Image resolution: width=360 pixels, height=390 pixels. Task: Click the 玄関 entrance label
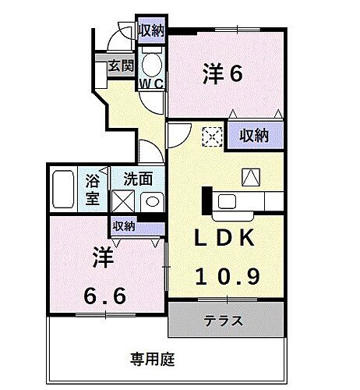tap(119, 66)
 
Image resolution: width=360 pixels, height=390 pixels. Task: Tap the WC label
tap(151, 81)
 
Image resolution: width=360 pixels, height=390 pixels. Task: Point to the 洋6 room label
tap(223, 73)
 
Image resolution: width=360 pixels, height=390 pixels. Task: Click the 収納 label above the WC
tap(152, 30)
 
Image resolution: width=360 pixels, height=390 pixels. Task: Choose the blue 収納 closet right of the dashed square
tap(254, 135)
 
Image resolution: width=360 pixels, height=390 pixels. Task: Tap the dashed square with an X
tap(212, 136)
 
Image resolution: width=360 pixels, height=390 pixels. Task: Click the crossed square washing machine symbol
tap(122, 200)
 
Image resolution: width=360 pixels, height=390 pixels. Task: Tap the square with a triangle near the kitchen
tap(252, 177)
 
